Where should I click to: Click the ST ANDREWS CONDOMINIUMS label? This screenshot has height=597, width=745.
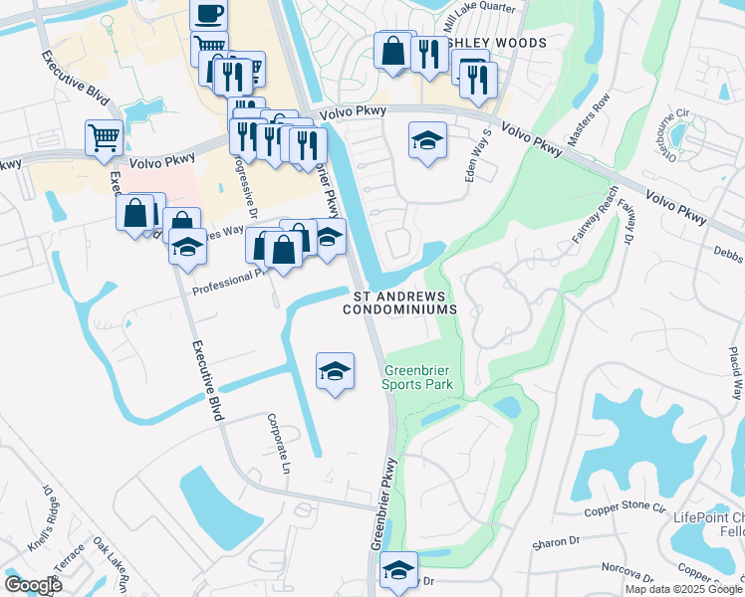(x=405, y=302)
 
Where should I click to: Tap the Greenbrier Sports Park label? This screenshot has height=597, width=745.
(x=419, y=377)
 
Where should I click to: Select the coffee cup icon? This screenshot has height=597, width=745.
(x=208, y=14)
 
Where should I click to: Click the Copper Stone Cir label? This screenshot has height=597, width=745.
(x=623, y=506)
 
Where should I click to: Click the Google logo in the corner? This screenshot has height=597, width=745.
(x=33, y=584)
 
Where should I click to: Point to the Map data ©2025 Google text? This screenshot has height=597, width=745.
(x=683, y=589)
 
